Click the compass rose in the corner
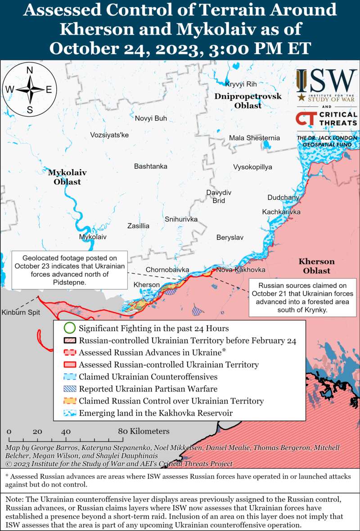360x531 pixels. click(30, 90)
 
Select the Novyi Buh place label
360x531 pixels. click(151, 118)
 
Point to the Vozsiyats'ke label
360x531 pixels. click(109, 135)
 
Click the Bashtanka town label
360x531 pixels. click(150, 166)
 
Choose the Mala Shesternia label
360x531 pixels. click(254, 138)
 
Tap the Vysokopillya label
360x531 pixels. click(252, 167)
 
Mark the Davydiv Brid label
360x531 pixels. click(219, 197)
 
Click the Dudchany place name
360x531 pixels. click(283, 198)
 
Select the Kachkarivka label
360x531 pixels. click(281, 212)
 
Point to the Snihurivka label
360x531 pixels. click(181, 219)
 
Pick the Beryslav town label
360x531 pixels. click(229, 237)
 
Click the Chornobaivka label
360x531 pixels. click(167, 270)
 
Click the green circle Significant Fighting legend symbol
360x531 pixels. click(69, 328)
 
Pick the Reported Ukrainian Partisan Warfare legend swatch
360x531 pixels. click(69, 389)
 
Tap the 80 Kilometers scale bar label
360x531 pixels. click(144, 431)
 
